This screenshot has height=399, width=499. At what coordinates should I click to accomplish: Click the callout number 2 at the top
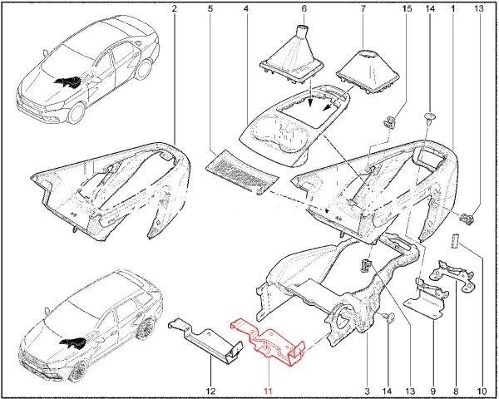pyautogui.click(x=174, y=8)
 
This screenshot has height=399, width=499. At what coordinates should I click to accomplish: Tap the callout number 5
pyautogui.click(x=210, y=8)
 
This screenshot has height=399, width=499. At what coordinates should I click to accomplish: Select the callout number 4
pyautogui.click(x=246, y=8)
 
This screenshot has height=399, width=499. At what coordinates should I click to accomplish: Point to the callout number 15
pyautogui.click(x=407, y=8)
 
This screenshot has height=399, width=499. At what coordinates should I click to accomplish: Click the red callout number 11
pyautogui.click(x=268, y=391)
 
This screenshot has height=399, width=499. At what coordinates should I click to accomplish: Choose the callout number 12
pyautogui.click(x=210, y=391)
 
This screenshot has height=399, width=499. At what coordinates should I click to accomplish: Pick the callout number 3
pyautogui.click(x=367, y=391)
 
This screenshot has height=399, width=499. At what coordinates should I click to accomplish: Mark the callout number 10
pyautogui.click(x=482, y=391)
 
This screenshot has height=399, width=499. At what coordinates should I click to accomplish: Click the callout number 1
pyautogui.click(x=452, y=8)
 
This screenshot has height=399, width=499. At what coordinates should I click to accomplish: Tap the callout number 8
pyautogui.click(x=456, y=391)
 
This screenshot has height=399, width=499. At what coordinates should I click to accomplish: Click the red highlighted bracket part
pyautogui.click(x=269, y=343)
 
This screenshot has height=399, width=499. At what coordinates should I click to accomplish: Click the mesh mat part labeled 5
pyautogui.click(x=242, y=172)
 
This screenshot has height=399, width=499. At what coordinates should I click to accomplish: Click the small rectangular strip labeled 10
pyautogui.click(x=454, y=240)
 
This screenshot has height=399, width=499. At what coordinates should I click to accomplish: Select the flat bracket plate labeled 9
pyautogui.click(x=426, y=298)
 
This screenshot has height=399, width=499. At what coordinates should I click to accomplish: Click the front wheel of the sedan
pyautogui.click(x=77, y=113)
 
